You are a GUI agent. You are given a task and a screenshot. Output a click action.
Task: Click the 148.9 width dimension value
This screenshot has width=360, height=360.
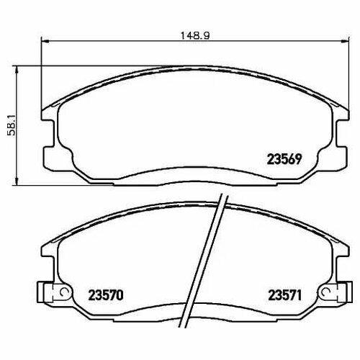195,36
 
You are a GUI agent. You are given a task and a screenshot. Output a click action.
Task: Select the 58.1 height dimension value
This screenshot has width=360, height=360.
12,125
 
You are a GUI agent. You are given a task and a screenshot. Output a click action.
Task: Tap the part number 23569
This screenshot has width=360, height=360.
284,159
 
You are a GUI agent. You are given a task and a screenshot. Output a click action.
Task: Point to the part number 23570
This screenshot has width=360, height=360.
106,295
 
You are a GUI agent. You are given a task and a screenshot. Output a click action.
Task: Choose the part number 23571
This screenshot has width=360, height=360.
284,295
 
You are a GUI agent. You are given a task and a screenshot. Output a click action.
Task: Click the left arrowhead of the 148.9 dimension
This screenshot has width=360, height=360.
45,41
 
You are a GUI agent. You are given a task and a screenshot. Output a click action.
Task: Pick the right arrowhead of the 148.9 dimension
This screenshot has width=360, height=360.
345,41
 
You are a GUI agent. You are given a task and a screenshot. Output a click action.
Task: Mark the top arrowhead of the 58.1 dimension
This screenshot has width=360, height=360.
17,70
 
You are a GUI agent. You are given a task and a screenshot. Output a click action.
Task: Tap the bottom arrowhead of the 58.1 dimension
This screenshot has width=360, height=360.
17,181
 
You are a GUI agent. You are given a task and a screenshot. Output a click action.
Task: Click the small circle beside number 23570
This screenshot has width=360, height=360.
65,292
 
